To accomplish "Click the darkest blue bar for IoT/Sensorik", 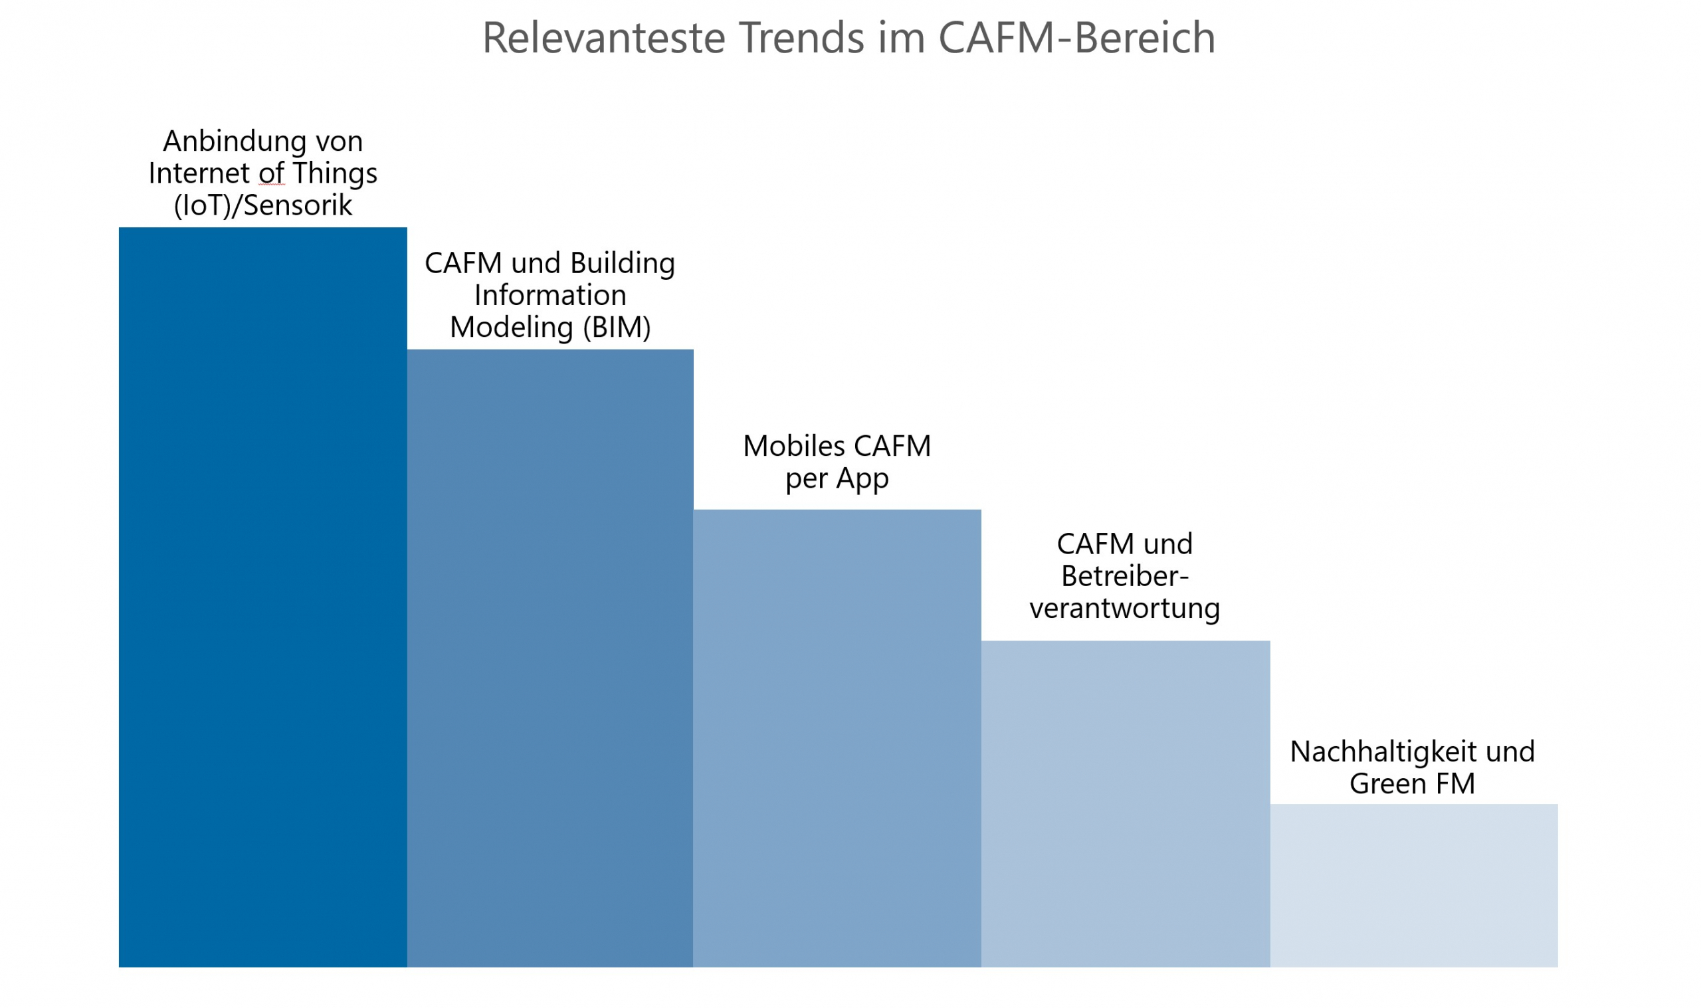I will point(262,598).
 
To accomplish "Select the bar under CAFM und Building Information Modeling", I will point(550,659).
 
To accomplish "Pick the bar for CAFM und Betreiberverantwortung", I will point(1125,804).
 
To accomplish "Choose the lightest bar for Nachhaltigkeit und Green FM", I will point(1414,886).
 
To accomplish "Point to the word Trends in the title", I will point(801,38).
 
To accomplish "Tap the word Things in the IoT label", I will point(335,174).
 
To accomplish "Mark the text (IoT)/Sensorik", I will point(262,205).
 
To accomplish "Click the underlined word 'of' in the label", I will point(272,174).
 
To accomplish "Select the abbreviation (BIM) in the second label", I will point(617,328).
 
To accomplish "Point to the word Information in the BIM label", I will point(550,296).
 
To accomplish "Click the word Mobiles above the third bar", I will point(794,447).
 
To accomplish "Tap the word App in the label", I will point(862,479).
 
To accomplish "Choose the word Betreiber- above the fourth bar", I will point(1124,576).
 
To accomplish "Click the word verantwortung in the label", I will point(1124,608).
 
